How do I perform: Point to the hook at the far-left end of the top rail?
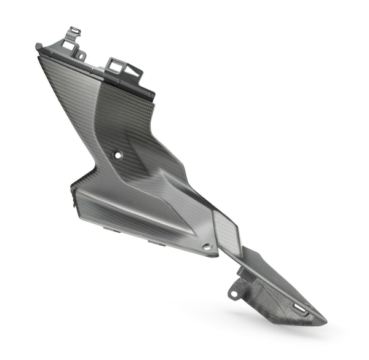(39, 46)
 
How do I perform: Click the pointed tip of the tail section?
(325, 320)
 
